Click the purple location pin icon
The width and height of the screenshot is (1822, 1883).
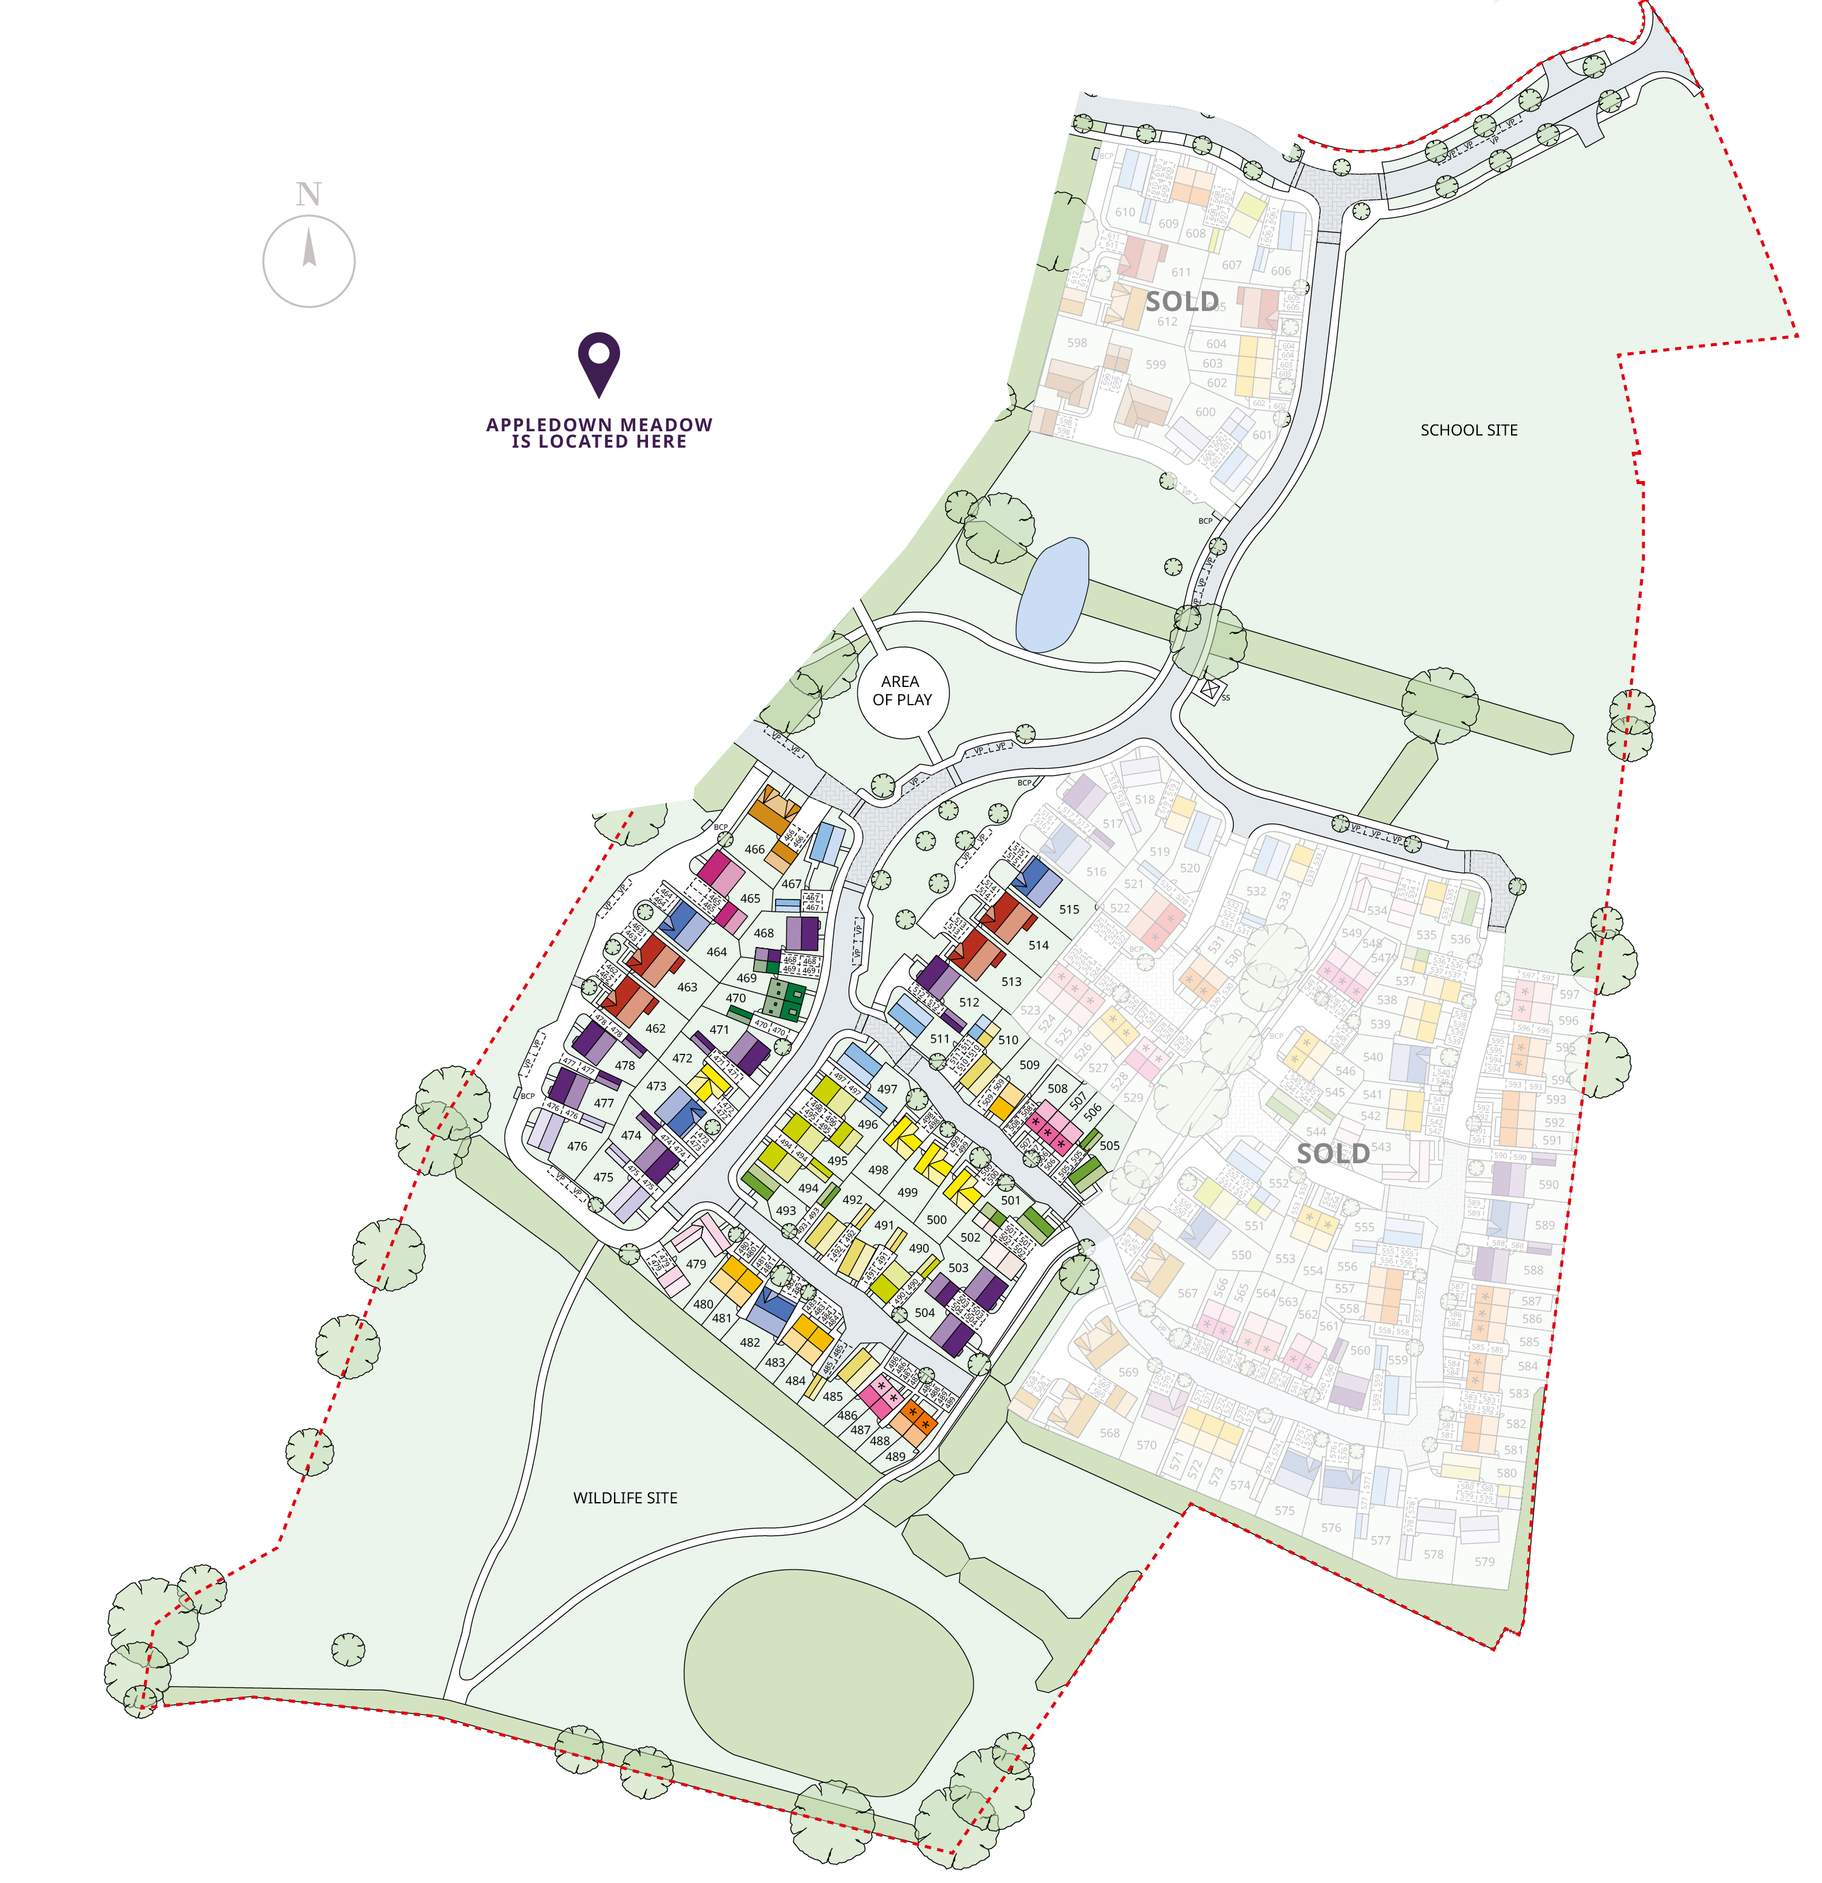(x=598, y=363)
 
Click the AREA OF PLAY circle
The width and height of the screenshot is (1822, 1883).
(x=902, y=691)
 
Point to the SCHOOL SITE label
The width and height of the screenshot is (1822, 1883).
(x=1469, y=431)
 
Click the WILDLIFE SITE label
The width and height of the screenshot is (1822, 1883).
(x=626, y=1498)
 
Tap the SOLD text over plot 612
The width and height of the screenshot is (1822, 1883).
(x=1181, y=302)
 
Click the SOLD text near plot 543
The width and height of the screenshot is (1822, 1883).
(x=1332, y=1154)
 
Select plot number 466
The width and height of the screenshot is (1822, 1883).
(x=755, y=849)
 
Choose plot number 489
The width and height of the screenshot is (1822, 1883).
(x=895, y=1457)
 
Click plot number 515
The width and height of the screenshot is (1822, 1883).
(x=1069, y=909)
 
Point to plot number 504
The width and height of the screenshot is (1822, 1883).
(x=924, y=1313)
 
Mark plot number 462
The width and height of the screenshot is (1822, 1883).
(x=655, y=1028)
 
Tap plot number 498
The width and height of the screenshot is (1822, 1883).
(x=878, y=1170)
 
